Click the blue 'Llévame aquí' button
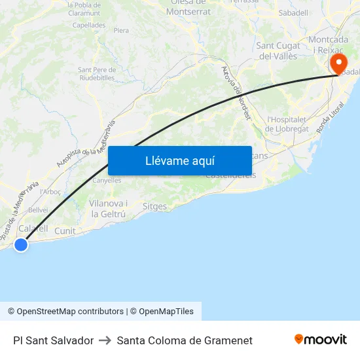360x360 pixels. click(180, 161)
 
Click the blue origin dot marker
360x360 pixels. click(21, 245)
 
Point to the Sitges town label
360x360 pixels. click(154, 206)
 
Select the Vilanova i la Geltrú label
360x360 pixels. click(108, 209)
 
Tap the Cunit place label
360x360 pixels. click(65, 231)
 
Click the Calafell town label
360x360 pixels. click(33, 228)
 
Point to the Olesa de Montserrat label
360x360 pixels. click(189, 7)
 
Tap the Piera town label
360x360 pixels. click(121, 30)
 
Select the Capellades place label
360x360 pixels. click(89, 25)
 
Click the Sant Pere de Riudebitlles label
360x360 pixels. click(97, 73)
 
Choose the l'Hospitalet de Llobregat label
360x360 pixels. click(288, 124)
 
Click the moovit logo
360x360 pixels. click(321, 340)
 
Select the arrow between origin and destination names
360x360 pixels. click(105, 340)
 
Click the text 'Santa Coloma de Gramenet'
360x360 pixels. click(185, 340)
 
